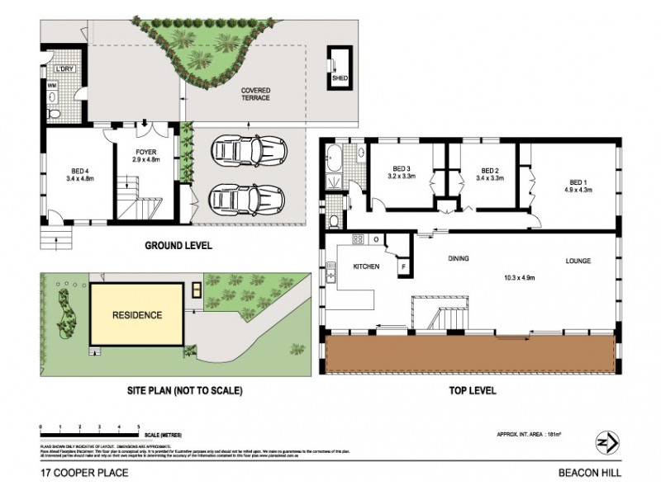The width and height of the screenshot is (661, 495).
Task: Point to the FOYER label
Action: [x=145, y=152]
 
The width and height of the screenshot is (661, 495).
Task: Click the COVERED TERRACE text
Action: [x=255, y=94]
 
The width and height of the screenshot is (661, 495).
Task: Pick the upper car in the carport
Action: [x=246, y=151]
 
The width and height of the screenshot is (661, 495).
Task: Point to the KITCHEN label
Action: [x=366, y=267]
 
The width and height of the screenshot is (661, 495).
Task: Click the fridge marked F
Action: [x=404, y=267]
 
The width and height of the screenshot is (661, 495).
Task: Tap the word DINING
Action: [x=459, y=259]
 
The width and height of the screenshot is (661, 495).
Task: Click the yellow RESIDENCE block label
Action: [x=136, y=315]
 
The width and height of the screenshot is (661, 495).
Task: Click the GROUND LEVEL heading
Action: [x=178, y=246]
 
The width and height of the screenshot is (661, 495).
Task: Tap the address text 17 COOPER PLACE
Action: [x=77, y=474]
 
